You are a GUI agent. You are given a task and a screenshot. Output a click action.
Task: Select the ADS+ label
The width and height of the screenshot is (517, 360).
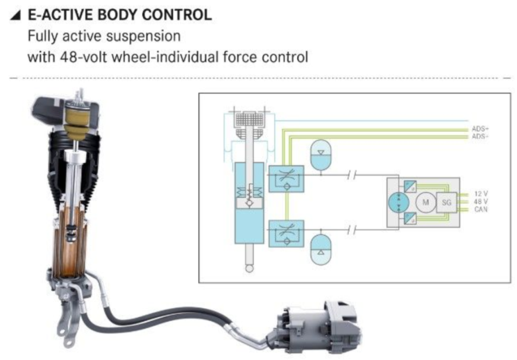pyautogui.click(x=480, y=129)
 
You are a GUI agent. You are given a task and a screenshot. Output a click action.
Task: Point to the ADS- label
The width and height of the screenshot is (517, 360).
pyautogui.click(x=480, y=136)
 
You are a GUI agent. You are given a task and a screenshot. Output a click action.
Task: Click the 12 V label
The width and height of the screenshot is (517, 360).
pyautogui.click(x=481, y=194)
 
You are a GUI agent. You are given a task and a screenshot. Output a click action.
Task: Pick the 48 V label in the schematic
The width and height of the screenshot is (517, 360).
pyautogui.click(x=481, y=202)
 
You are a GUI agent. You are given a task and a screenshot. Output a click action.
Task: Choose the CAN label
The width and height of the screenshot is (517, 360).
pyautogui.click(x=481, y=209)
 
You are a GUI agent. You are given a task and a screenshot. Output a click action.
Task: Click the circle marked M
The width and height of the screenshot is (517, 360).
pyautogui.click(x=425, y=202)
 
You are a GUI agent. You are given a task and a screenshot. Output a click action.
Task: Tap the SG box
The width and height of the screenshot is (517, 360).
pyautogui.click(x=447, y=202)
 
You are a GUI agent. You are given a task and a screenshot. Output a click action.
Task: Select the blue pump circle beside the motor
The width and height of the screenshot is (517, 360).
pyautogui.click(x=399, y=202)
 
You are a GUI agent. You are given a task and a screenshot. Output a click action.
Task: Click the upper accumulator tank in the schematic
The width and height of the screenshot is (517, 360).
pyautogui.click(x=321, y=156)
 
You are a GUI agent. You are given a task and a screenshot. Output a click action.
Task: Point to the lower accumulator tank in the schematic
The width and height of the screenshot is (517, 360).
pyautogui.click(x=321, y=249)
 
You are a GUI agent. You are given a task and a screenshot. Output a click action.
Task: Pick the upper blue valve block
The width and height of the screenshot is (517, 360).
pyautogui.click(x=287, y=179)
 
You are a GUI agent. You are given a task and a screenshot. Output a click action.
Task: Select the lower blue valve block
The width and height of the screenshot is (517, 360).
pyautogui.click(x=287, y=234)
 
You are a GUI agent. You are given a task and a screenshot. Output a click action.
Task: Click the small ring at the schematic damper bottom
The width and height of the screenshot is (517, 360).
pyautogui.click(x=249, y=269)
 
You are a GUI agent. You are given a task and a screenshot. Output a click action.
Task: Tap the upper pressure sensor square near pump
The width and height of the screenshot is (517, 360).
pyautogui.click(x=410, y=187)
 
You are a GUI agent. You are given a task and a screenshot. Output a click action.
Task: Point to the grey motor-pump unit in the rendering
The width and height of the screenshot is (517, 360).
pyautogui.click(x=317, y=328)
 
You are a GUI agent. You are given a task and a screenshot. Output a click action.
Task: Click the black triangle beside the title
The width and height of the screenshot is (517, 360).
pyautogui.click(x=16, y=15)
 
